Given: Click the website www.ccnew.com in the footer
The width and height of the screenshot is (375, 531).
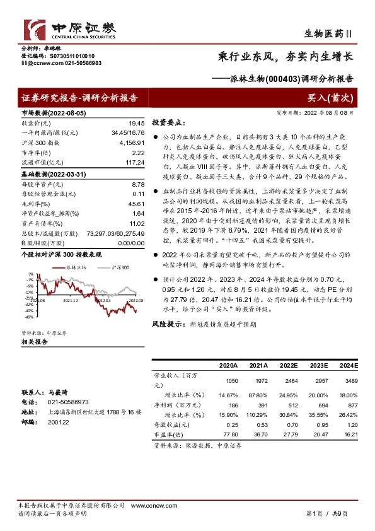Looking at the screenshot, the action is pos(149,506).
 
